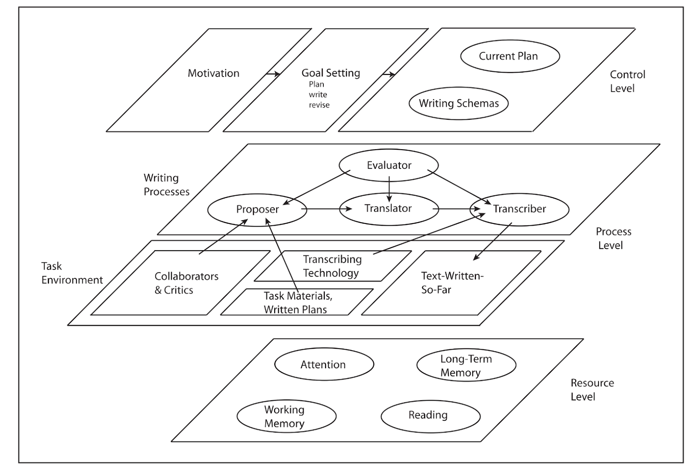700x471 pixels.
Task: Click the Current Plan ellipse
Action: [510, 56]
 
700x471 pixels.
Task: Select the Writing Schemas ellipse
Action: [458, 103]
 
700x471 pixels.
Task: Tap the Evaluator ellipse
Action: [388, 165]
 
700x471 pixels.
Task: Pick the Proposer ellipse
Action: [257, 209]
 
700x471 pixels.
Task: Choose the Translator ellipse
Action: [388, 209]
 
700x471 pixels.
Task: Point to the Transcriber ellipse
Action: [519, 209]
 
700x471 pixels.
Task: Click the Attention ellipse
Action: [324, 365]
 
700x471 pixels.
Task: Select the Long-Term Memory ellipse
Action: [466, 366]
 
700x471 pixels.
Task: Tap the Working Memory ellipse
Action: [286, 416]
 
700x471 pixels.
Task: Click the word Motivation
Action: [213, 73]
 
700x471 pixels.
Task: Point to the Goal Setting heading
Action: [331, 73]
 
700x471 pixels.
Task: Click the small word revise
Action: [319, 105]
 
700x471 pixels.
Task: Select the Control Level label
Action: [627, 81]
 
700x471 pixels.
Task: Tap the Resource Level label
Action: [592, 390]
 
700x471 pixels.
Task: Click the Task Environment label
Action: [72, 273]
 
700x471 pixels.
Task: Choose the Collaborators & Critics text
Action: [186, 283]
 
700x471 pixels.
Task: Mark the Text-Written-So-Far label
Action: [451, 283]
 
